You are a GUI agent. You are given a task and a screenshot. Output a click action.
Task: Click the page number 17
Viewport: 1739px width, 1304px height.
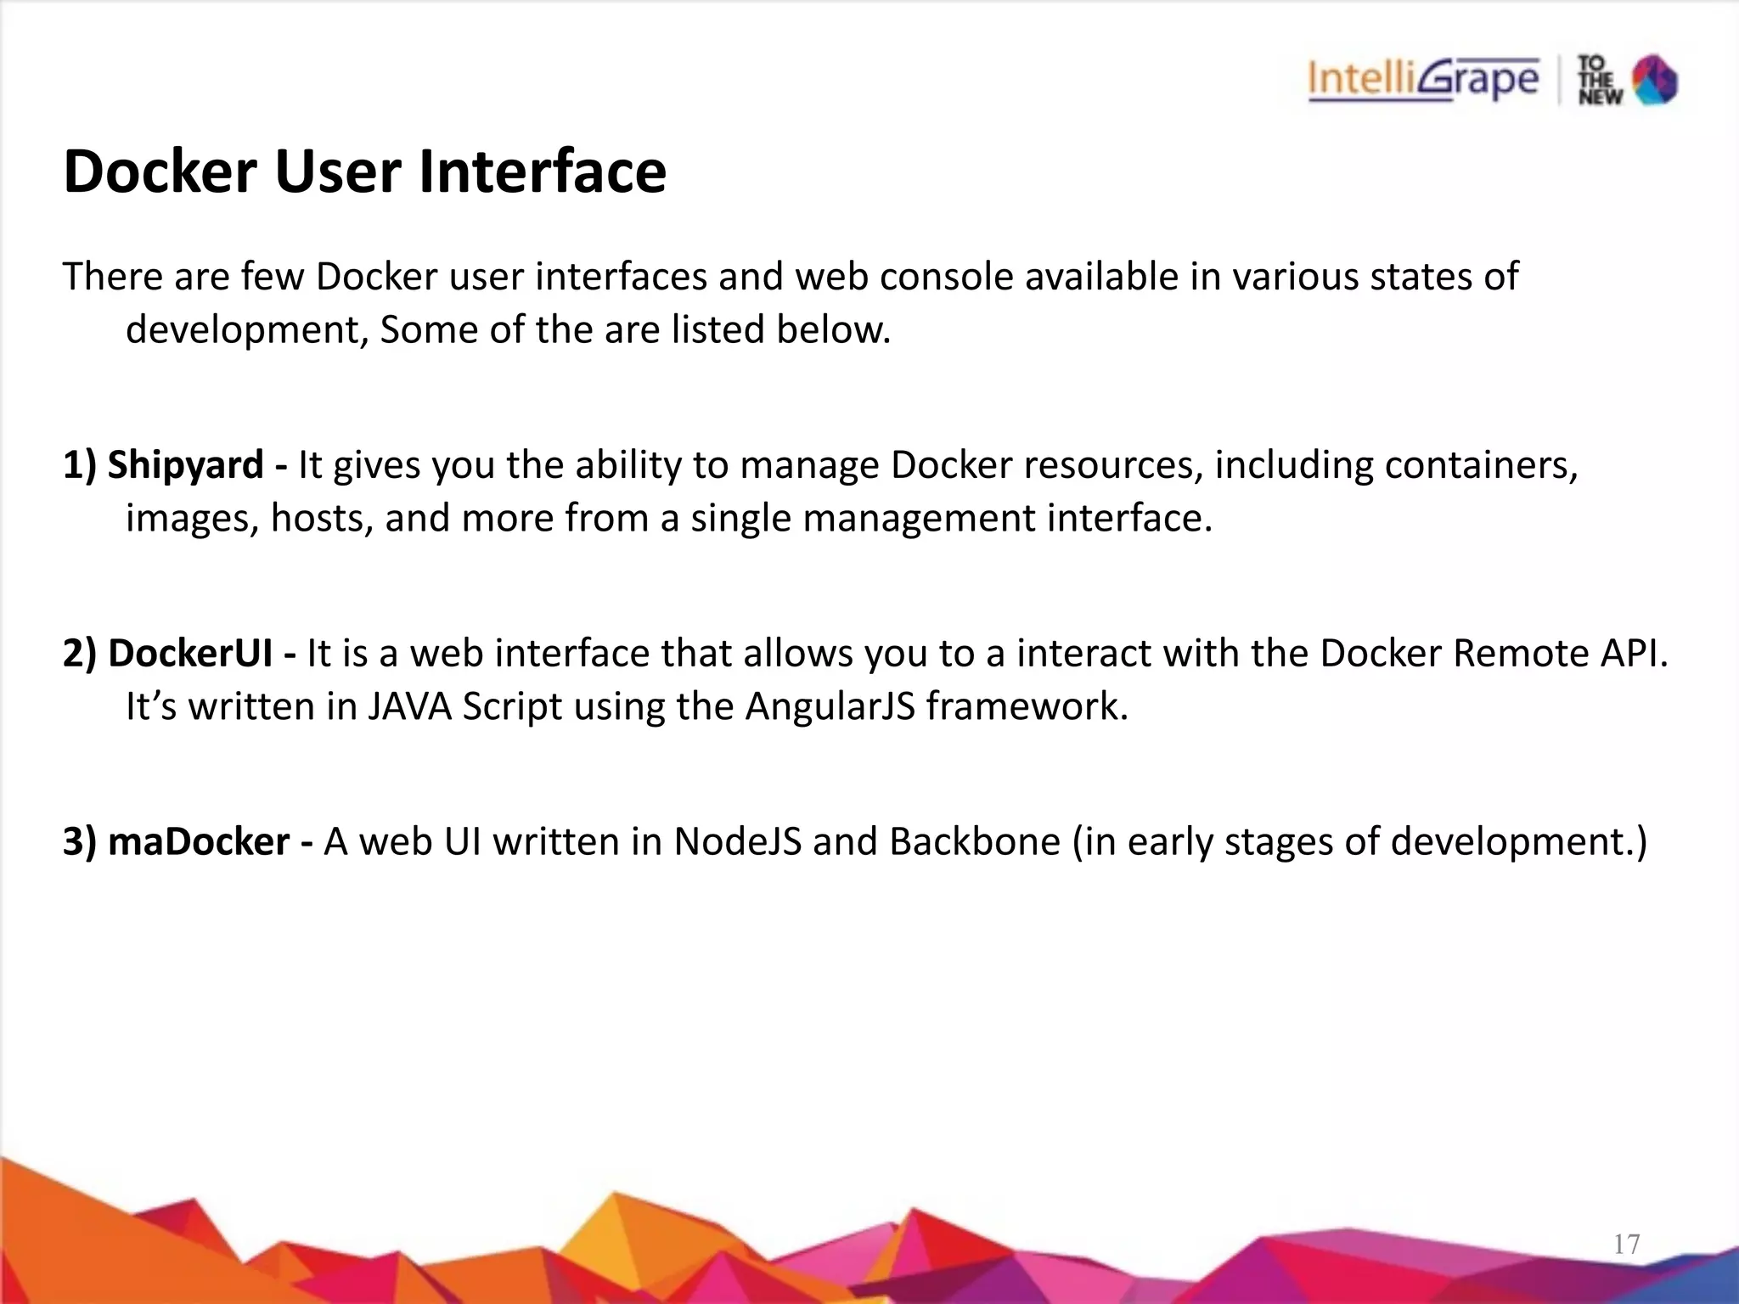1626,1245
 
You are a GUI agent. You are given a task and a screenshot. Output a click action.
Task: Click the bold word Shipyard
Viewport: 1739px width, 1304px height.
185,465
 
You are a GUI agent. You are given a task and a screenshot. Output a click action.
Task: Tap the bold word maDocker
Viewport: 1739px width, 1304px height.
199,842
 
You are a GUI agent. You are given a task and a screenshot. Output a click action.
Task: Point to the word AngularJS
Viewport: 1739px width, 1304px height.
830,706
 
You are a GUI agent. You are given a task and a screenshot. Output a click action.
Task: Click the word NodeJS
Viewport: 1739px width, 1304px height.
737,842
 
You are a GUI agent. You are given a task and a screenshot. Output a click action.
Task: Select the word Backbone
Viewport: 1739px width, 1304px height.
975,842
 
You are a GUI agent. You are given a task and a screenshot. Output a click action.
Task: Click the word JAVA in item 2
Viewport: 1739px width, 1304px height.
409,706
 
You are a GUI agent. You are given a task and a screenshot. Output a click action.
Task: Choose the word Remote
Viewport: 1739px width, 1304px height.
1508,654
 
